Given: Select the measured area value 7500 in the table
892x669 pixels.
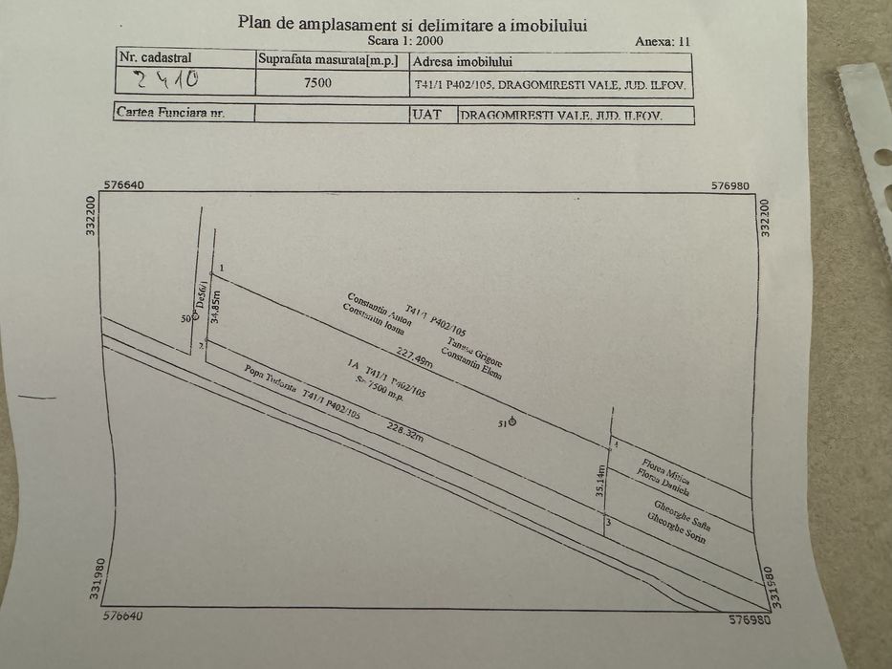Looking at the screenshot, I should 318,82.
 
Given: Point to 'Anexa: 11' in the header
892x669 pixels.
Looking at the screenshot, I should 662,41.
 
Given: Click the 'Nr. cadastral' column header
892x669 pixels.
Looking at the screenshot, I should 153,57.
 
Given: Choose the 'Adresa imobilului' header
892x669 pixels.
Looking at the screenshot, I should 463,61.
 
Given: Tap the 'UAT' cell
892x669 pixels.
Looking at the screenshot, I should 425,114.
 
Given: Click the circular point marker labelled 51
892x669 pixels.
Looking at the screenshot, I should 513,421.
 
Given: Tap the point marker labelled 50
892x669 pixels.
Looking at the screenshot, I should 195,318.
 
